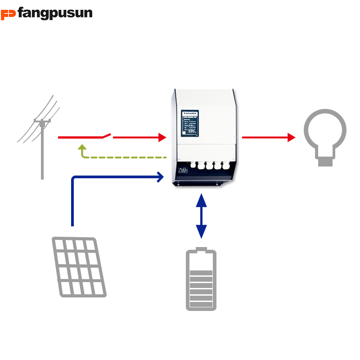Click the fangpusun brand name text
click(x=55, y=13)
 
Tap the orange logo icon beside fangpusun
click(x=8, y=14)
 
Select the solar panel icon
click(x=79, y=267)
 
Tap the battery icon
click(x=201, y=280)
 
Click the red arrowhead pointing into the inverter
click(x=162, y=137)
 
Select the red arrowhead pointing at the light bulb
click(x=291, y=137)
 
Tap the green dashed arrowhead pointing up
click(x=81, y=147)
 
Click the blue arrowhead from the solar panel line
click(x=160, y=177)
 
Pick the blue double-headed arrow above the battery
click(x=201, y=216)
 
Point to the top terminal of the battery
click(x=201, y=249)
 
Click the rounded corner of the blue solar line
click(x=74, y=179)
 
